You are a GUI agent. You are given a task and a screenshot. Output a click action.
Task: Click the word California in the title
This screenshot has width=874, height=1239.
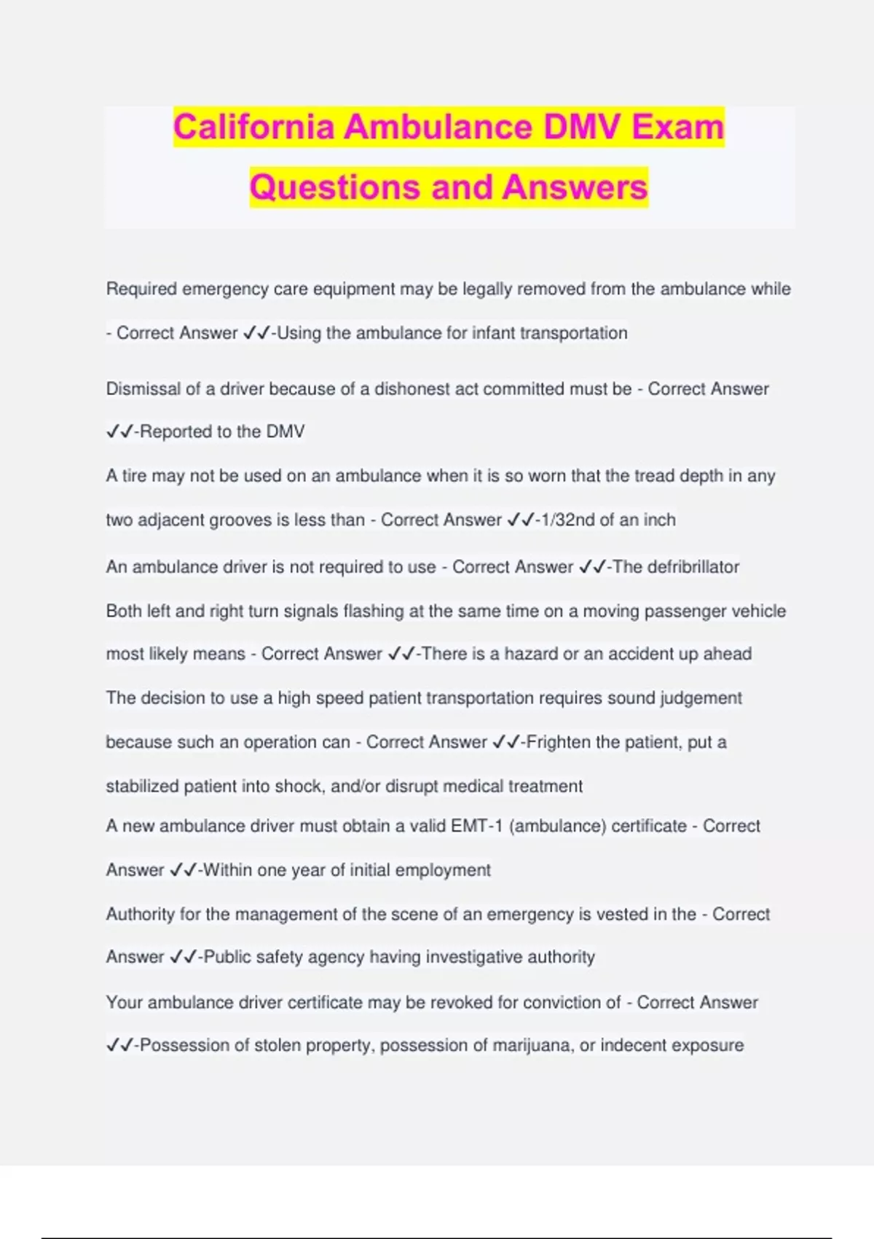coord(254,127)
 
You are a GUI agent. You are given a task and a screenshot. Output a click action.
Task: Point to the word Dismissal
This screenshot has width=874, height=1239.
coord(143,389)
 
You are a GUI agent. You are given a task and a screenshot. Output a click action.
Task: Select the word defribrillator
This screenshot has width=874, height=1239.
coord(676,567)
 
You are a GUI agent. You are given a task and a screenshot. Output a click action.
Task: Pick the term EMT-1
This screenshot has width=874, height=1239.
coord(476,826)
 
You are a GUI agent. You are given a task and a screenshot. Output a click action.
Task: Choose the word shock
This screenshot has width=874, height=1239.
coord(296,786)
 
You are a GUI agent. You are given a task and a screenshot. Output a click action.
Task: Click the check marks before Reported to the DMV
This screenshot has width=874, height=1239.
coord(119,431)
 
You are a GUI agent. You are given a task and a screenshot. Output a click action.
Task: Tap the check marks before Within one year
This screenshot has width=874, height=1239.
coord(183,870)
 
